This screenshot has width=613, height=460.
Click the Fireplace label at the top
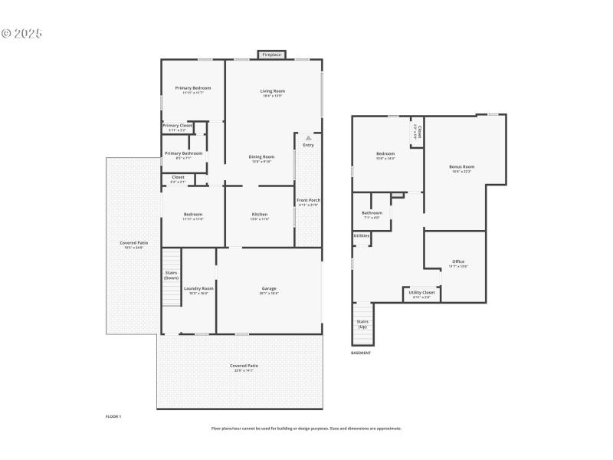(x=271, y=55)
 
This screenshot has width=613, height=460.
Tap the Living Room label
(x=273, y=91)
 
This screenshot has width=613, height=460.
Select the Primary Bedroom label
(x=192, y=88)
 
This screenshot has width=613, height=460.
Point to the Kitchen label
(x=260, y=214)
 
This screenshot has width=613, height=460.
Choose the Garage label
(x=269, y=288)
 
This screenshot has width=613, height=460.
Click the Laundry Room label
(x=198, y=288)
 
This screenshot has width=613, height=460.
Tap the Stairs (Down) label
(x=172, y=274)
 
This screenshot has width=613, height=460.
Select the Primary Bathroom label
(x=184, y=153)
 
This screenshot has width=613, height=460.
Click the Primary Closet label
(x=177, y=125)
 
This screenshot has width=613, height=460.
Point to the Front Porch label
(x=308, y=200)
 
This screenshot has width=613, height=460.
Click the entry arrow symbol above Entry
(x=308, y=138)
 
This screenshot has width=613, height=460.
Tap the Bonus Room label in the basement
(x=461, y=166)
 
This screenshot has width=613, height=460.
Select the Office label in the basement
(x=458, y=261)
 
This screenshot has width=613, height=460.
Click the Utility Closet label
(x=422, y=293)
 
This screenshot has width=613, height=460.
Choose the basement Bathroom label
(x=372, y=212)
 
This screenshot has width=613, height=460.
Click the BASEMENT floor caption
(x=361, y=353)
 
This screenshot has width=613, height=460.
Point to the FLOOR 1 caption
(x=113, y=416)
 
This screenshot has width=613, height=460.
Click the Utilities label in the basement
(x=361, y=235)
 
